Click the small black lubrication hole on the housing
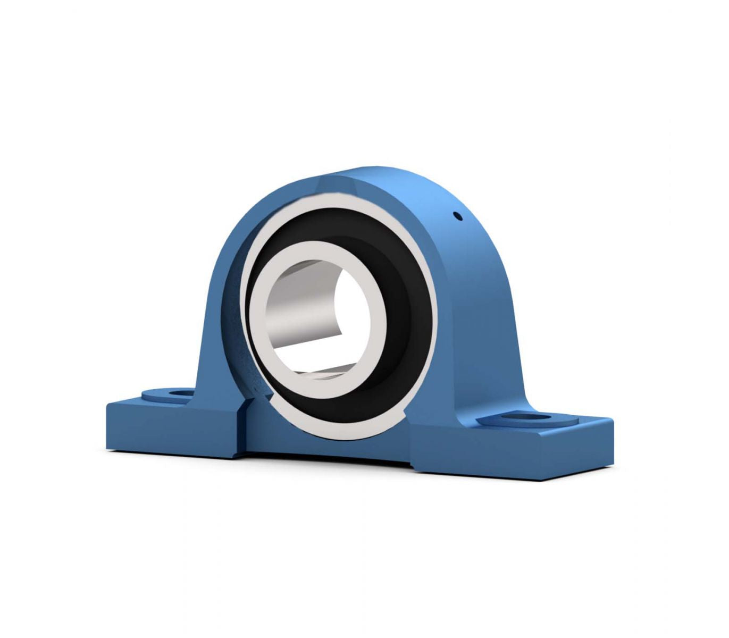pyautogui.click(x=457, y=216)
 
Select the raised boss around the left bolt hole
pyautogui.click(x=154, y=395)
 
